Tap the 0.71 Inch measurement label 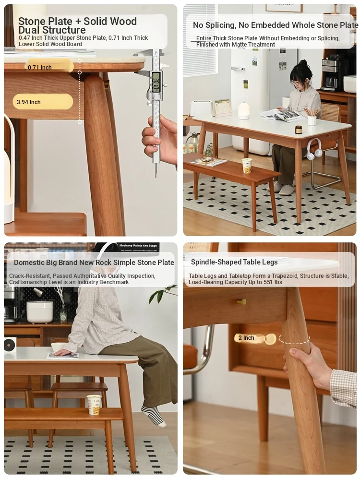click(x=40, y=67)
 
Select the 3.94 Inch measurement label click(x=29, y=102)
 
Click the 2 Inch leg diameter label click(x=246, y=337)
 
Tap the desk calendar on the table click(x=222, y=108)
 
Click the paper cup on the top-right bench click(x=246, y=166)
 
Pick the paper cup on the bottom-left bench click(x=94, y=405)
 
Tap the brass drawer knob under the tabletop click(x=241, y=302)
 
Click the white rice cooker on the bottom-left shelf click(x=40, y=312)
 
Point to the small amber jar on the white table click(x=299, y=130)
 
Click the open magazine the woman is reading click(x=281, y=115)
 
